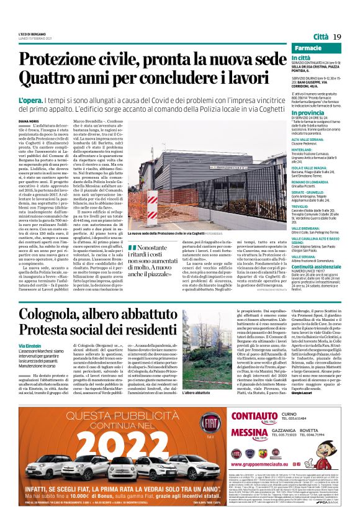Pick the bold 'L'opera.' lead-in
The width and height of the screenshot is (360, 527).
30,100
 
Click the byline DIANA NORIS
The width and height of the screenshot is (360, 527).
29,122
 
